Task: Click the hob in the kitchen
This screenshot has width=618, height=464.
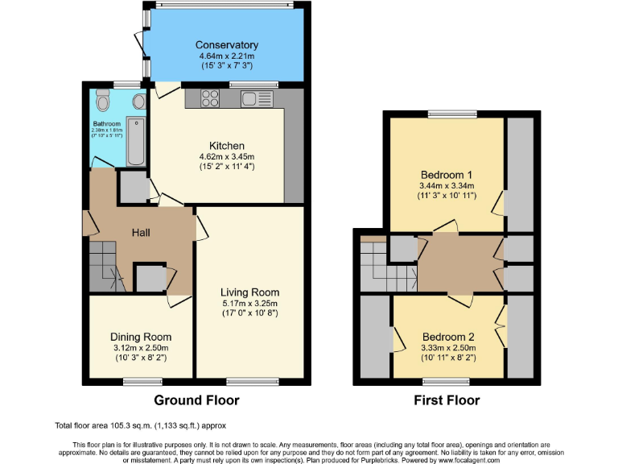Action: (x=209, y=99)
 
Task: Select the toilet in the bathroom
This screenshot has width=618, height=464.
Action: (x=101, y=102)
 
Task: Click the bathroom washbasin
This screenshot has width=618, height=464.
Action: (x=139, y=101)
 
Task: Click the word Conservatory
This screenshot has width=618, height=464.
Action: (x=226, y=45)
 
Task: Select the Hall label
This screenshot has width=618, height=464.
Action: (x=144, y=233)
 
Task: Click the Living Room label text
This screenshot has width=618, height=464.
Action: (x=250, y=292)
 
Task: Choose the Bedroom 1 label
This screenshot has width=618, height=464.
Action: (x=446, y=175)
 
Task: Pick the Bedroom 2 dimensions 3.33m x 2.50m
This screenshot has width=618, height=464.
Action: (x=448, y=348)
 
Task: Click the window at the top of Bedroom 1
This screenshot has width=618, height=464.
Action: (x=446, y=114)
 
